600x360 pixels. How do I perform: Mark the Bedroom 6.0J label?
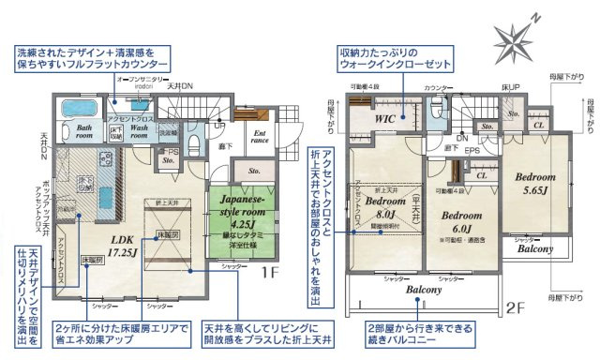click(x=460, y=219)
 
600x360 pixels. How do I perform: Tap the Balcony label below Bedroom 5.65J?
click(x=534, y=248)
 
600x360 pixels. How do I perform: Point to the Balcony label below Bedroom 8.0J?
click(x=424, y=291)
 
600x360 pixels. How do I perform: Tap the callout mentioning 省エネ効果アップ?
click(x=122, y=334)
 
